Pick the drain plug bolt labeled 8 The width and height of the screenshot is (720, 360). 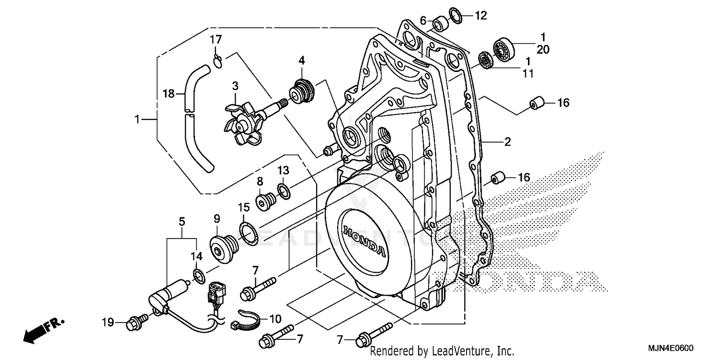point(265,202)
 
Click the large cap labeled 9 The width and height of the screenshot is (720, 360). point(222,246)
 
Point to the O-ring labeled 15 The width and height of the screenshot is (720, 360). point(249,232)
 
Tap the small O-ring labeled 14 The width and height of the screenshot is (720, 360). point(197,276)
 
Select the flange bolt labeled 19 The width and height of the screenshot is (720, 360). point(134,324)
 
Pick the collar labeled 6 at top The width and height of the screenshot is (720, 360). point(440,23)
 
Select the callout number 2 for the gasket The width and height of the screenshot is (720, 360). point(507,142)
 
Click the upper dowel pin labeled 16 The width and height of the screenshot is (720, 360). point(536,103)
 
